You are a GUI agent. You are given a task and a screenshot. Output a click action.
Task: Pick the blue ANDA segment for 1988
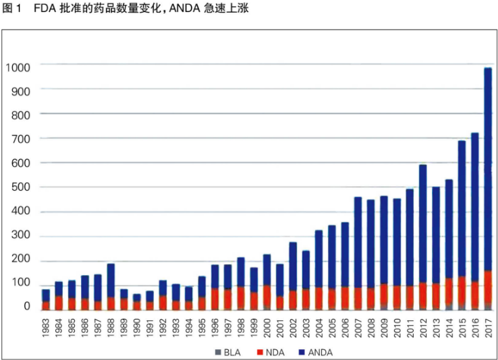click(111, 280)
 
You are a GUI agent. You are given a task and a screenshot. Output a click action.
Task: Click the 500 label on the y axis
click(21, 187)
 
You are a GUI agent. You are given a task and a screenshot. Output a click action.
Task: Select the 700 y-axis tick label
click(21, 139)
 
